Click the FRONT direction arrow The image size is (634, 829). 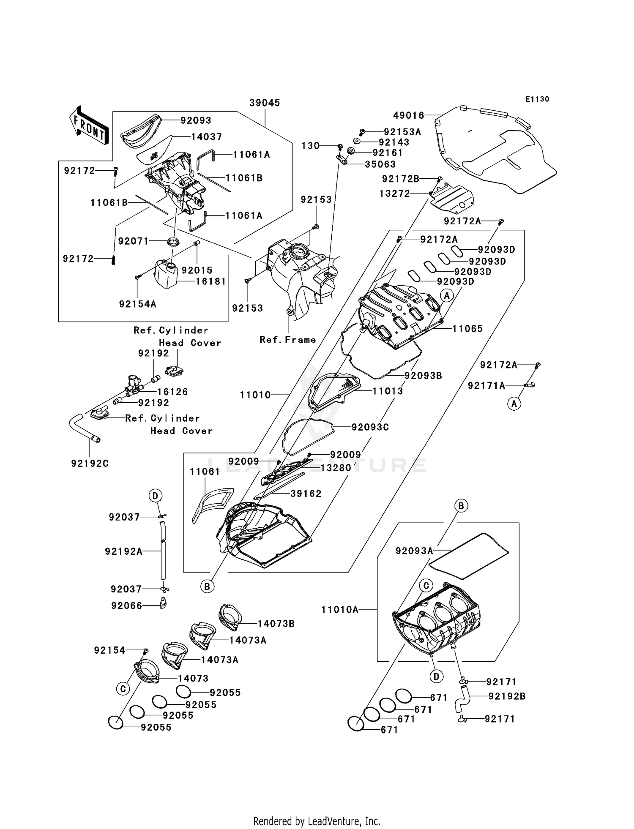click(89, 126)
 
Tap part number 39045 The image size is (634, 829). click(265, 103)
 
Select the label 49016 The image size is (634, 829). click(408, 115)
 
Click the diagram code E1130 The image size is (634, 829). click(537, 99)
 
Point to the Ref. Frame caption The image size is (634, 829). click(288, 340)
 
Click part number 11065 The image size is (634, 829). click(467, 329)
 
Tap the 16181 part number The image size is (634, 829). click(210, 281)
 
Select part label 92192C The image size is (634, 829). click(90, 464)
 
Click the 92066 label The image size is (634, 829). click(126, 606)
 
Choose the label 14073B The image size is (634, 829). click(276, 624)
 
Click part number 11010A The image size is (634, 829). click(340, 610)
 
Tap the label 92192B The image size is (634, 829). click(507, 696)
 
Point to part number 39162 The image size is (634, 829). click(306, 494)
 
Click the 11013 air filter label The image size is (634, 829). click(388, 391)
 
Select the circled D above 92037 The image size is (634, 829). click(155, 496)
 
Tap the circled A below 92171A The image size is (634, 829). click(514, 404)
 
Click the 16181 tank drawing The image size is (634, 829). click(167, 275)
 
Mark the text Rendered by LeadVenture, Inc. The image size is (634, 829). click(317, 821)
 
